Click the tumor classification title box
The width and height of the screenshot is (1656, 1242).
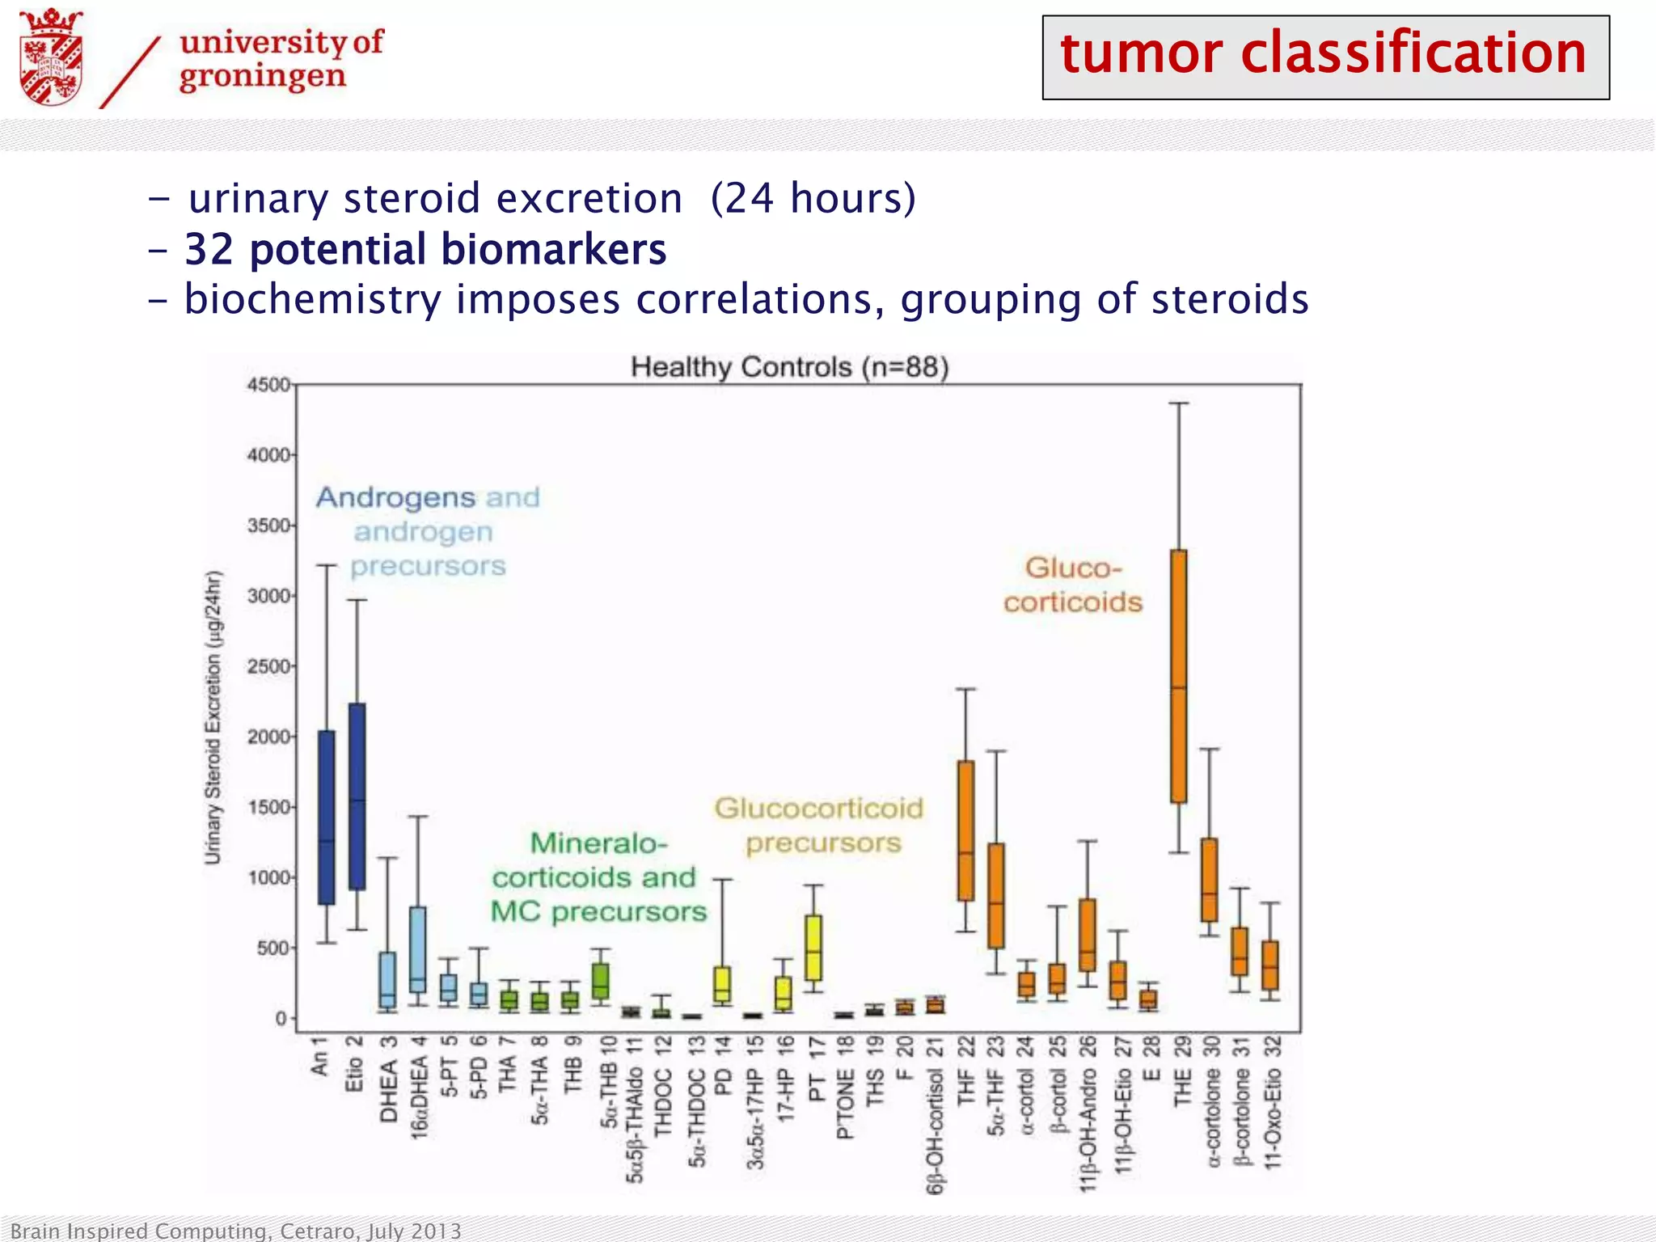pos(1324,57)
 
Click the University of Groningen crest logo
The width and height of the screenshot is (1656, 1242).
pos(52,57)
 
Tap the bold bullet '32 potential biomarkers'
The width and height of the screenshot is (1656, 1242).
pos(425,249)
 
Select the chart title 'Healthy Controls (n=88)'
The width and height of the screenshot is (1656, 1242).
pos(789,367)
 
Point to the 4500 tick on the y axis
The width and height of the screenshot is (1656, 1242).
pos(268,385)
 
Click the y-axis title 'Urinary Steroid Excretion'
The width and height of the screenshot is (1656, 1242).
pos(213,718)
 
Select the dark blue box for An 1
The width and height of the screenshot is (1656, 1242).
pos(327,817)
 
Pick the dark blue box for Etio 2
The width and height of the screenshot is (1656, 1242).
pos(357,796)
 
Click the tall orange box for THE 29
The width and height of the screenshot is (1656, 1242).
pos(1179,676)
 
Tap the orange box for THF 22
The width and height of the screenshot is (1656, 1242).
pos(965,830)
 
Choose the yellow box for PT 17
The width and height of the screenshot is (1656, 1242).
pos(813,948)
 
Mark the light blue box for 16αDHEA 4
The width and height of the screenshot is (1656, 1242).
pos(418,949)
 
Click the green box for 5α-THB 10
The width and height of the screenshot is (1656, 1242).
pos(601,981)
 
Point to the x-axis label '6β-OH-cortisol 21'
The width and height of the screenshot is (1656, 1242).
pos(936,1116)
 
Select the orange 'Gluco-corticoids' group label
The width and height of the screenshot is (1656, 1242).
pos(1073,585)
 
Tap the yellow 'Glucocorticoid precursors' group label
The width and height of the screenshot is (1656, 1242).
pos(819,825)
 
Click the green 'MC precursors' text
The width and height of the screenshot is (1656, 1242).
pos(598,912)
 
